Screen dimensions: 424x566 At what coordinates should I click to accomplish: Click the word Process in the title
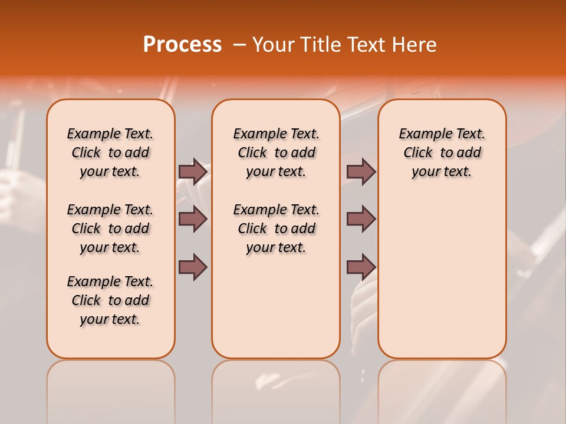click(182, 45)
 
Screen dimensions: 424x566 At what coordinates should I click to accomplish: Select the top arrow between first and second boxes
click(193, 172)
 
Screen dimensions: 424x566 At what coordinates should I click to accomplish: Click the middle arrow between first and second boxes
click(193, 220)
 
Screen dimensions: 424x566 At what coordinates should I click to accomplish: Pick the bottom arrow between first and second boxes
click(193, 267)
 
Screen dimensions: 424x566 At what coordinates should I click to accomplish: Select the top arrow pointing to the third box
click(361, 172)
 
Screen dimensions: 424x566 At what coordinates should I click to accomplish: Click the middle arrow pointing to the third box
click(361, 220)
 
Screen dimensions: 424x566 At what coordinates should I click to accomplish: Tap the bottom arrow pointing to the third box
click(361, 267)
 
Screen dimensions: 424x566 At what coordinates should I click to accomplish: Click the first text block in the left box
click(110, 153)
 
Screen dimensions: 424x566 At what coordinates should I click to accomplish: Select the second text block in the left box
click(110, 228)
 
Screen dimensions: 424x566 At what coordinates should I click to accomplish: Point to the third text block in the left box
click(110, 300)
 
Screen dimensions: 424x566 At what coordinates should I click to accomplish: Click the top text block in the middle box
click(276, 153)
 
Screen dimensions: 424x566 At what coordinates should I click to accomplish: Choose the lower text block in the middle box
click(276, 228)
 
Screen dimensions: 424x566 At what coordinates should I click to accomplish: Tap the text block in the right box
click(442, 153)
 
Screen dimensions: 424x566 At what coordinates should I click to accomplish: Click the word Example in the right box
click(422, 134)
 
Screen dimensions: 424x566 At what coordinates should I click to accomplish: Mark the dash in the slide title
click(239, 45)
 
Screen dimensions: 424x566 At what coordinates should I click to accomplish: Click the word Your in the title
click(273, 45)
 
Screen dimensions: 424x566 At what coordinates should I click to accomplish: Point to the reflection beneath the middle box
click(276, 389)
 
